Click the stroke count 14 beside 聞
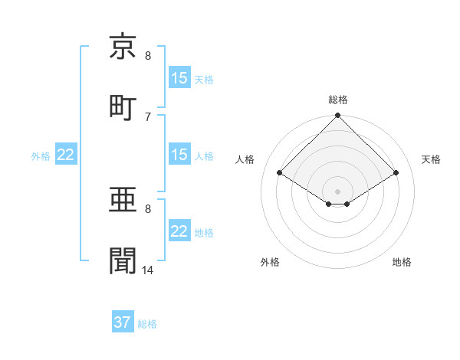click(x=148, y=270)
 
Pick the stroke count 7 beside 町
click(x=148, y=116)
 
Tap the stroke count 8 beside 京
click(x=148, y=56)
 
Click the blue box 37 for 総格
click(x=123, y=322)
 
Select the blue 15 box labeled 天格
click(x=179, y=78)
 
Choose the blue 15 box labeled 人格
click(x=179, y=155)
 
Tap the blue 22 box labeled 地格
click(x=179, y=232)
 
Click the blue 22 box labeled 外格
click(x=66, y=155)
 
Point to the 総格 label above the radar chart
click(x=338, y=100)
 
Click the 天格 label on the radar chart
click(x=431, y=159)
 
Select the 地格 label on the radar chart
click(x=402, y=262)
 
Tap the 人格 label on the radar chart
click(x=245, y=159)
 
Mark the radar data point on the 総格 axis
click(x=338, y=116)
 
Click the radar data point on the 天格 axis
click(x=396, y=173)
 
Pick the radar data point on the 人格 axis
click(x=280, y=173)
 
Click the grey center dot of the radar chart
click(x=338, y=191)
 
